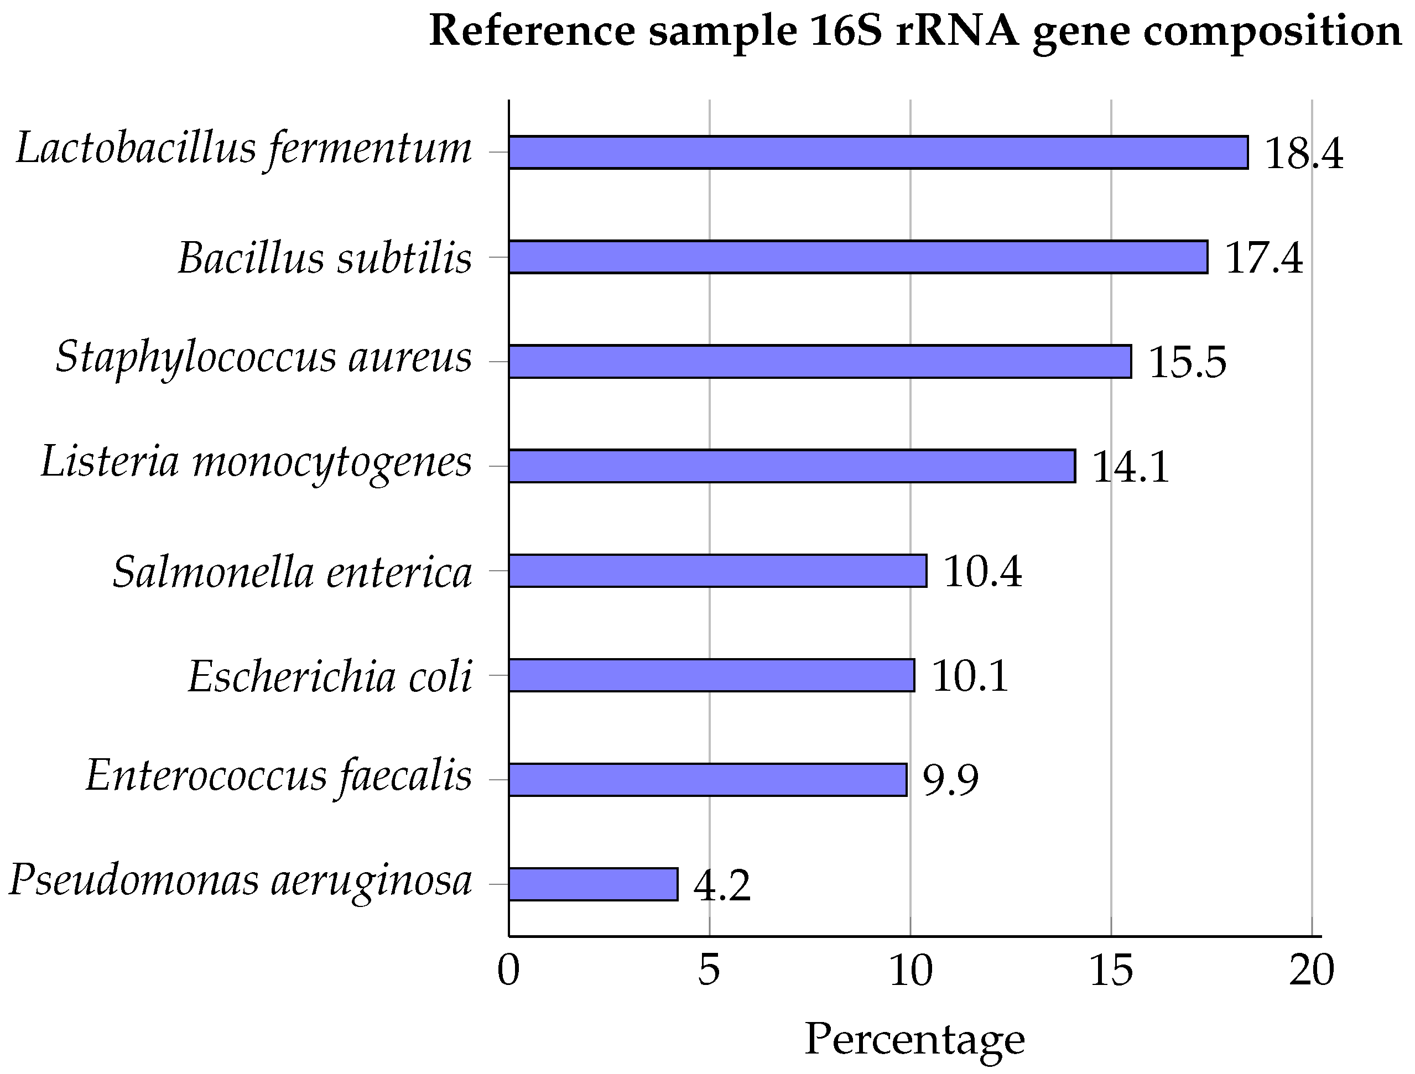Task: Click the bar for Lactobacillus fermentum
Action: click(x=878, y=152)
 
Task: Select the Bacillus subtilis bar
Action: click(x=858, y=257)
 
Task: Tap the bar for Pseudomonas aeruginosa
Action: click(x=593, y=884)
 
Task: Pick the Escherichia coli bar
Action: click(x=711, y=675)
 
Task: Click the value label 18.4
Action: click(x=1304, y=154)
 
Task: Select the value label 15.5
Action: click(x=1188, y=363)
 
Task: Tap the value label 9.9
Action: click(x=950, y=780)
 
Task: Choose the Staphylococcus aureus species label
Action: click(x=263, y=358)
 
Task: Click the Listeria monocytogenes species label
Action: click(x=256, y=463)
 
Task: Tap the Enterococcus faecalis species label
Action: click(x=278, y=776)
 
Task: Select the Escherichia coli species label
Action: click(x=330, y=677)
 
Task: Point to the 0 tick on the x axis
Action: click(x=508, y=971)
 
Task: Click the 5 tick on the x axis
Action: click(x=709, y=971)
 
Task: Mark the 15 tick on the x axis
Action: click(x=1111, y=971)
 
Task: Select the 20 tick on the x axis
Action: click(x=1312, y=971)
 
